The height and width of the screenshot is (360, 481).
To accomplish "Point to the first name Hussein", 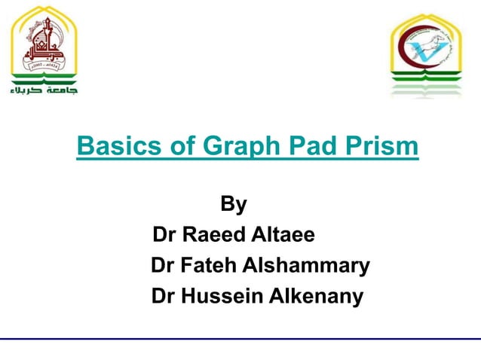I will [x=221, y=297].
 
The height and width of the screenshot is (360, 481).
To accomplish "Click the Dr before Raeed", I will [x=164, y=236].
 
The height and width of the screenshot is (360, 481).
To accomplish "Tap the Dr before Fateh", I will [x=164, y=266].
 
